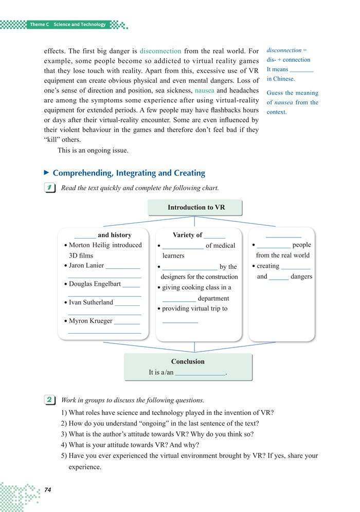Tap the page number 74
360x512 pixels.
47,490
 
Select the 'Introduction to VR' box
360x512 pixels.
195,208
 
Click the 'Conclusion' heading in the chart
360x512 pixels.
188,361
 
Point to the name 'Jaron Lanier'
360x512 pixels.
86,266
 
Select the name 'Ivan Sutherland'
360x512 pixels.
91,302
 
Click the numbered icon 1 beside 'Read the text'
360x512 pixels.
50,188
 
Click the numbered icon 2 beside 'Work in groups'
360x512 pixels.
50,399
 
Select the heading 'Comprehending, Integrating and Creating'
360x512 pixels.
129,173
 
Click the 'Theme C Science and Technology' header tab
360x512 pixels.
67,24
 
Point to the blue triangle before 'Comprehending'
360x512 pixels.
47,173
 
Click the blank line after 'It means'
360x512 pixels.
301,70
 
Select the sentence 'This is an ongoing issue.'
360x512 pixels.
93,151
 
